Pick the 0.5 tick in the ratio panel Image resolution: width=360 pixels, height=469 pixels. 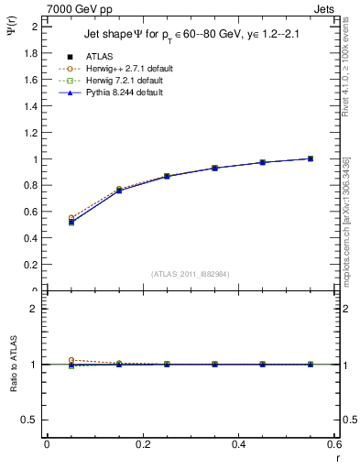coord(29,420)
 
